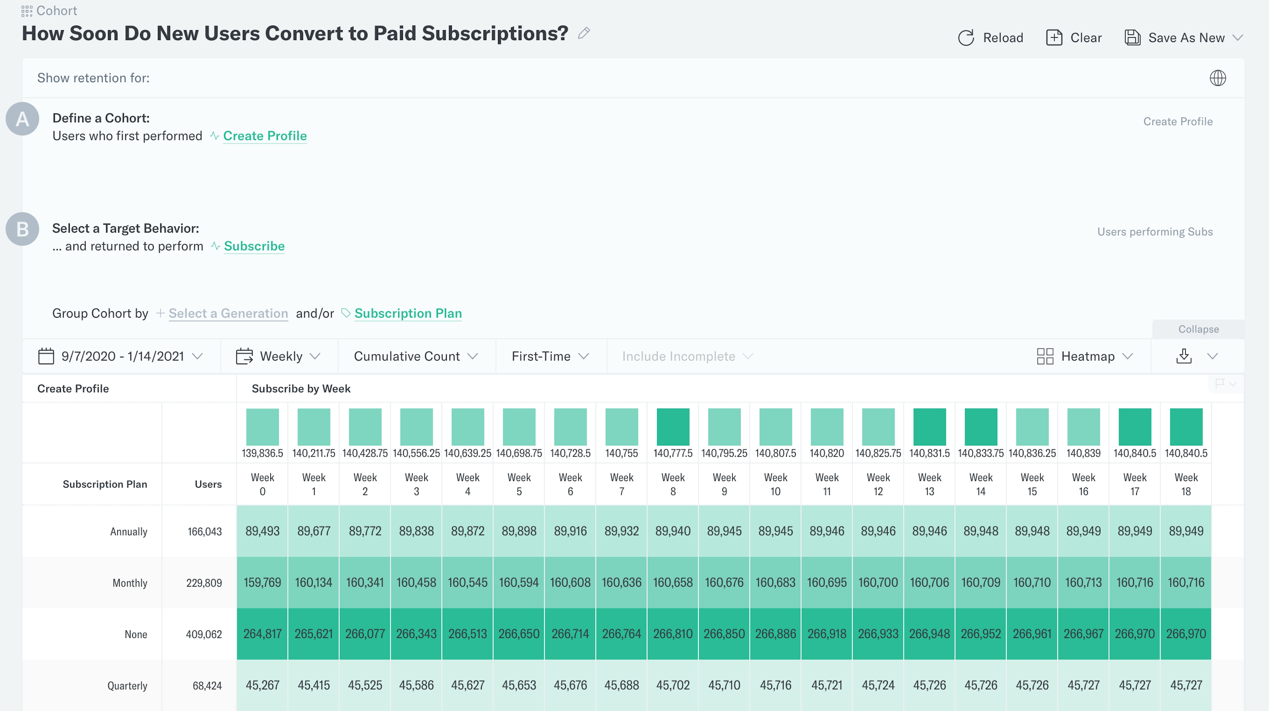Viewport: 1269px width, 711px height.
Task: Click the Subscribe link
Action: click(254, 246)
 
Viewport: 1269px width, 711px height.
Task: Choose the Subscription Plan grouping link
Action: click(408, 314)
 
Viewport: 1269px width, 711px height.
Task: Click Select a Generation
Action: click(228, 314)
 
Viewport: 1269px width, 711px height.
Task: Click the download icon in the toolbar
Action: click(1184, 356)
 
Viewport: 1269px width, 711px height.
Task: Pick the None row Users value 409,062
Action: click(204, 635)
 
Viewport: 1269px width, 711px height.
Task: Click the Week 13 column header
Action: click(929, 484)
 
